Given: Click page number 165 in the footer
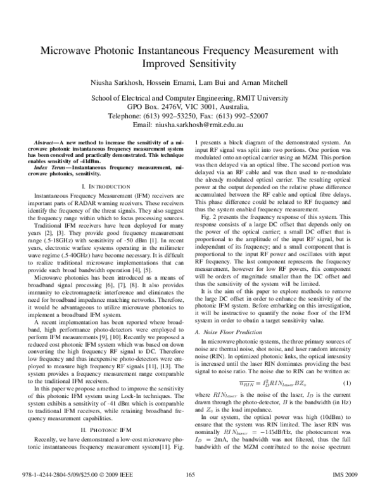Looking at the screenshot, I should click(x=190, y=475).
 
